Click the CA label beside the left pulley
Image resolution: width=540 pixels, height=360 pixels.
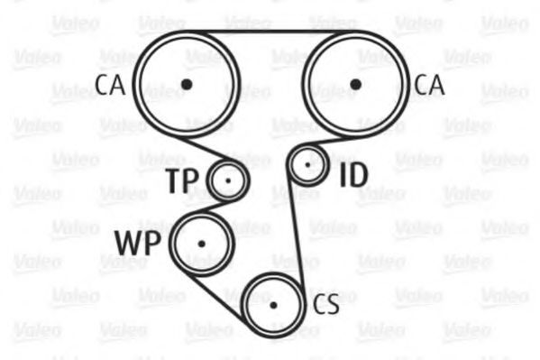coord(110,85)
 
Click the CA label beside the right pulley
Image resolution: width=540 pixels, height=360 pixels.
coord(429,85)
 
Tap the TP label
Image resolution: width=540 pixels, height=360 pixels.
coord(183,181)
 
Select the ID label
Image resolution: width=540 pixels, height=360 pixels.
coord(353,176)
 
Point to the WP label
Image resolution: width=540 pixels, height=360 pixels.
coord(138,243)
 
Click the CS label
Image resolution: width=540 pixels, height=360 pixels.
coord(325,304)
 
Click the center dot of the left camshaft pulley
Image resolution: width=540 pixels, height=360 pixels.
coord(187,84)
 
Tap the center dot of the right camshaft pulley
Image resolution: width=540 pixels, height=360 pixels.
coord(355,84)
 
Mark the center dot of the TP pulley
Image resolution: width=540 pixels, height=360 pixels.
coord(228,180)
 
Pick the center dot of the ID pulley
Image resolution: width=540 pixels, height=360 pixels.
coord(308,165)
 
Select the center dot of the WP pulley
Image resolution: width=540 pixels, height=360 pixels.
coord(202,245)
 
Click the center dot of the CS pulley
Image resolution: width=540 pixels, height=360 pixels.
coord(273,305)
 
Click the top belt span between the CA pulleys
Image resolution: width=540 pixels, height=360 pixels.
coord(271,32)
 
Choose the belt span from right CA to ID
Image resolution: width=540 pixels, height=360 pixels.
coord(322,142)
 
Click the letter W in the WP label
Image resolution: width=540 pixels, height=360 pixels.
coord(128,243)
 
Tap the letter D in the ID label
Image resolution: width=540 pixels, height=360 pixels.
coord(358,176)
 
